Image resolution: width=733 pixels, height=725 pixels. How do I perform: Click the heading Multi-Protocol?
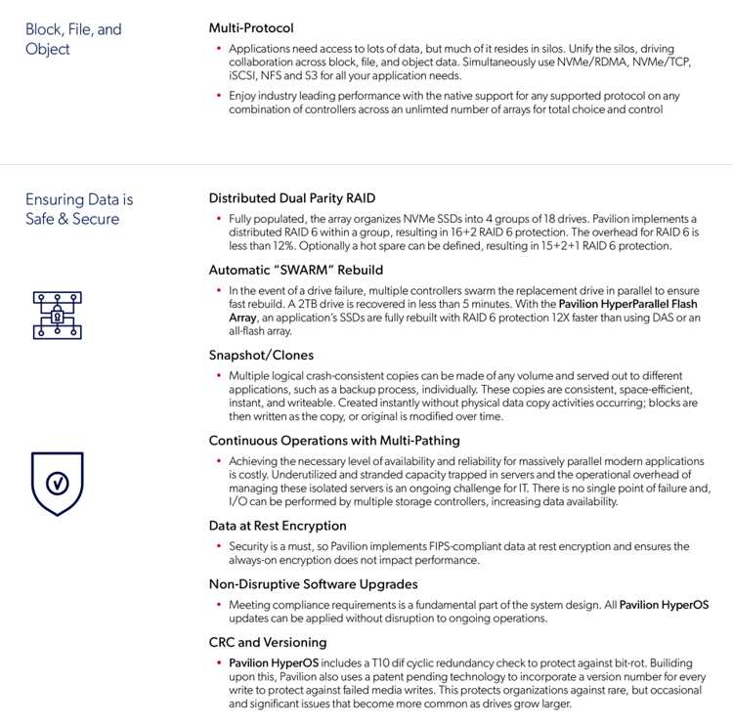tap(251, 28)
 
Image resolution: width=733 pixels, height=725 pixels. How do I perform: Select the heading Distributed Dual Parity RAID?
tap(292, 198)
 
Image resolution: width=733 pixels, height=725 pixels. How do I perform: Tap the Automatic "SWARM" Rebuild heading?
tap(296, 270)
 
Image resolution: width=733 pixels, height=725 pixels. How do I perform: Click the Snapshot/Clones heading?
tap(261, 355)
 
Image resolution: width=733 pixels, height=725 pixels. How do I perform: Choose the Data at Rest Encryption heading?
tap(278, 526)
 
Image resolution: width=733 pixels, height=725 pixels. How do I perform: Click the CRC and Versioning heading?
tap(268, 643)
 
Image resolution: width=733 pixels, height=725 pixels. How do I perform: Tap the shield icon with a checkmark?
tap(58, 483)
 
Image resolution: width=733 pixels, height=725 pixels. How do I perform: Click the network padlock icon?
tap(58, 315)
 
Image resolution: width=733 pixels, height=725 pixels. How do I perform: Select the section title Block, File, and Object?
tap(73, 39)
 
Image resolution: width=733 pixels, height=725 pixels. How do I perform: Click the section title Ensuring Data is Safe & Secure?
tap(79, 209)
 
